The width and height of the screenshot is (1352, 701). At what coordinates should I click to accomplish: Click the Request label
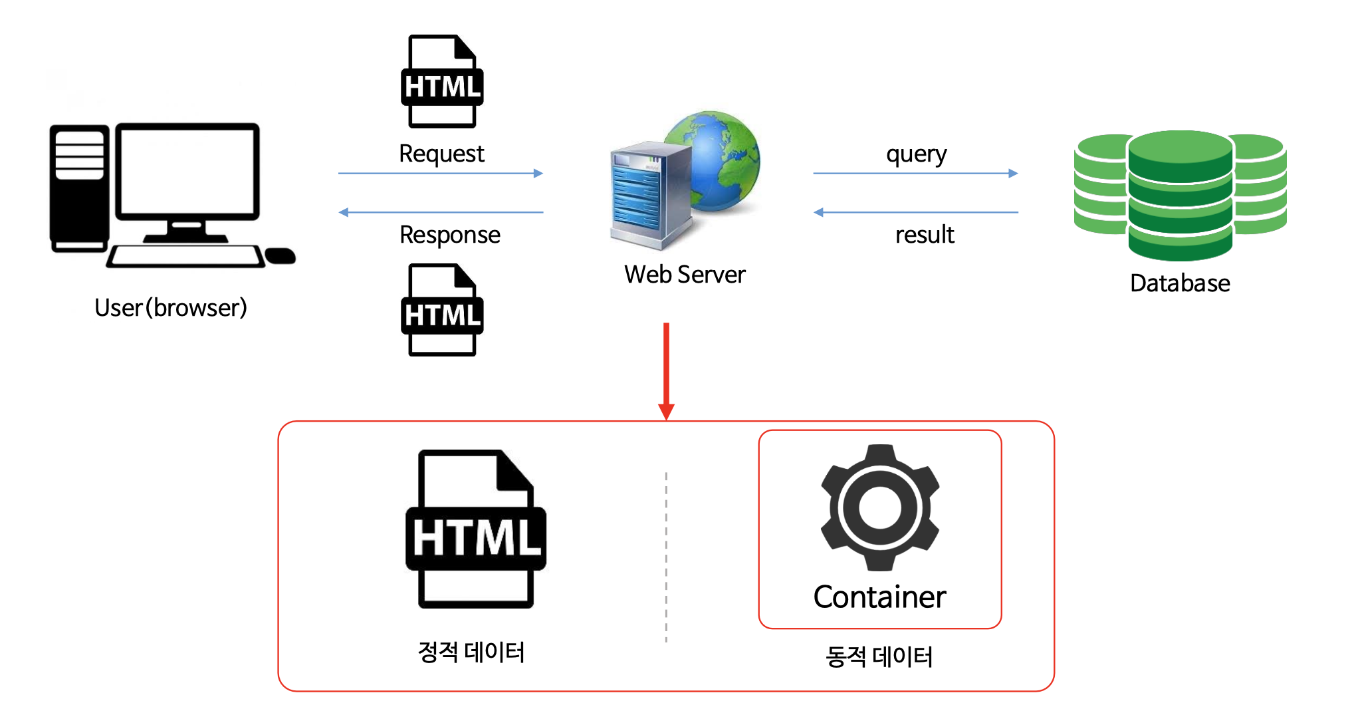click(441, 154)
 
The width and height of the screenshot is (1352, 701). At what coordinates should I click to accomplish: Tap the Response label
click(449, 235)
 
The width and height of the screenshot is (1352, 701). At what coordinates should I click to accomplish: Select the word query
click(916, 155)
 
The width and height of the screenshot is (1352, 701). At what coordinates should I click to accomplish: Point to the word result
click(924, 235)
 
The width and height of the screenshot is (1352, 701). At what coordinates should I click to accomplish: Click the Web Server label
click(685, 275)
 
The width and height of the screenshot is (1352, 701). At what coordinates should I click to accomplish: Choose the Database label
click(1180, 283)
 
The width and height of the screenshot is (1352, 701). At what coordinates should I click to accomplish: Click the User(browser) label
click(171, 308)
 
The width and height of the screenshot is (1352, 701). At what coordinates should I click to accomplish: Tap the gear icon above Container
click(879, 507)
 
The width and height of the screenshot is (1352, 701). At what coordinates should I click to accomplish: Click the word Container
click(879, 597)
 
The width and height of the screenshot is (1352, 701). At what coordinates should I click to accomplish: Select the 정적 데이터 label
click(471, 652)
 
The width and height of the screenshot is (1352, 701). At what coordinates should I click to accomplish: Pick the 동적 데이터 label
click(879, 656)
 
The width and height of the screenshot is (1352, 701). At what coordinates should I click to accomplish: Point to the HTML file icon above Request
click(442, 81)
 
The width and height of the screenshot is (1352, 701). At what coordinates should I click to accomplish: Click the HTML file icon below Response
click(442, 310)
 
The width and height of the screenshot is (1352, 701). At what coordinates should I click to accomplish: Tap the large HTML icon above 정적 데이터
click(476, 529)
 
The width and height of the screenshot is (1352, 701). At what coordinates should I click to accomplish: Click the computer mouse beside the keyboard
click(280, 255)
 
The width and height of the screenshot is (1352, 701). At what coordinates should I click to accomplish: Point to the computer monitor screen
click(187, 171)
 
